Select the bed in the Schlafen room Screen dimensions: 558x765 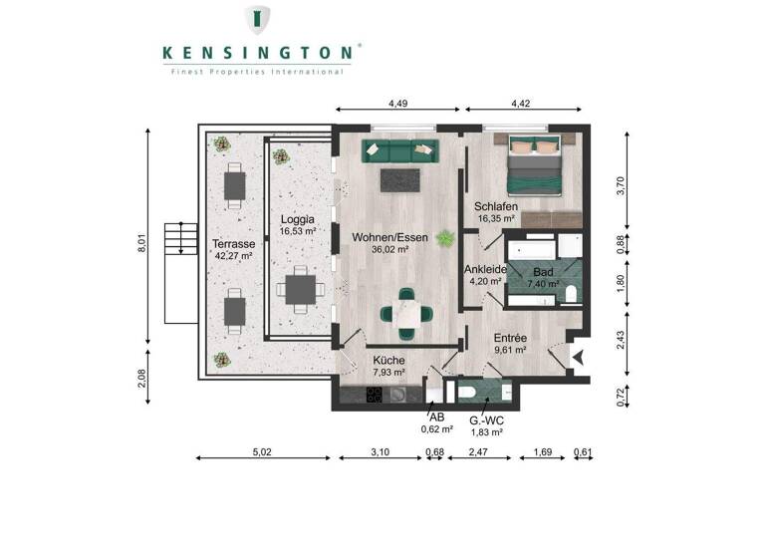[535, 165]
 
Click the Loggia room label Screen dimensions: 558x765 [298, 224]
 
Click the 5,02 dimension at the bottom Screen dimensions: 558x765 [260, 452]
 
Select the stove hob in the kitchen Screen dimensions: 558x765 [375, 395]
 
